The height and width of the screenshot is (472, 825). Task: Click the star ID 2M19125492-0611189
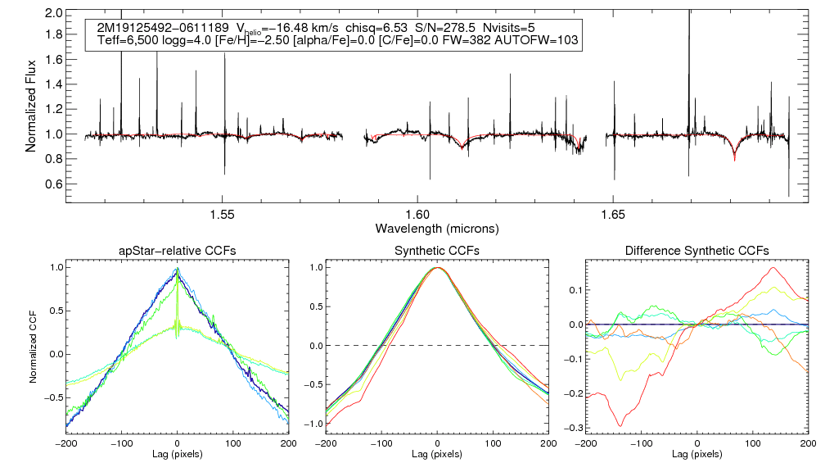[x=159, y=28]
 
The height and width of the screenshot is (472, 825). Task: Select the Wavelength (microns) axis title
[x=436, y=227]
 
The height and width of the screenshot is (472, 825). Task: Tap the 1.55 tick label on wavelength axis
[x=223, y=213]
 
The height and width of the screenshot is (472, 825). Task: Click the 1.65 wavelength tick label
[x=613, y=213]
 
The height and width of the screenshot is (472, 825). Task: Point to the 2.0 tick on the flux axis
[x=54, y=14]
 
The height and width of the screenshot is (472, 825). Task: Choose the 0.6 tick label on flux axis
[x=54, y=184]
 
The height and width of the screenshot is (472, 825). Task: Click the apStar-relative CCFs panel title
[x=177, y=250]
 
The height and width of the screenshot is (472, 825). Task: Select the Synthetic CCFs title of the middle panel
[x=437, y=250]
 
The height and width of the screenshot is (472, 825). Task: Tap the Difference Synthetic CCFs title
[x=697, y=250]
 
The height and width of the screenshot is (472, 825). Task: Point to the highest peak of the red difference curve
[x=772, y=267]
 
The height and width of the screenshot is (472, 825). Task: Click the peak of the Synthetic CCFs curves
[x=438, y=268]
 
